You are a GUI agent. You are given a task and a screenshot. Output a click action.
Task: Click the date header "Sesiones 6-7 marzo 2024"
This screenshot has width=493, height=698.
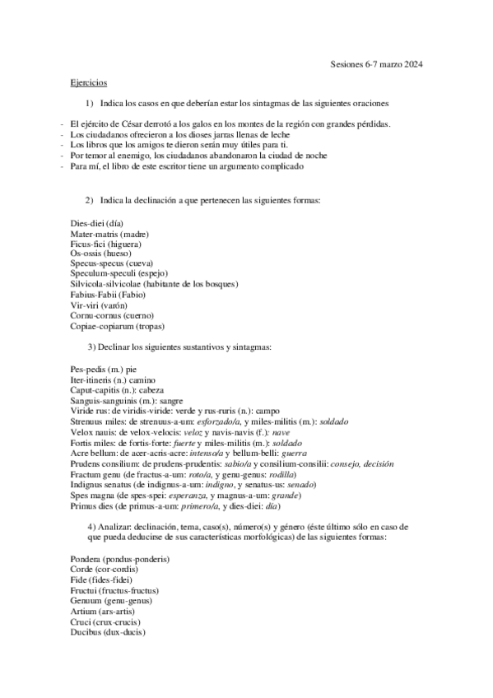376,63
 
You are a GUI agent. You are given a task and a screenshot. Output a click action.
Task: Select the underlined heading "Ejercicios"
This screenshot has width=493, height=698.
89,83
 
